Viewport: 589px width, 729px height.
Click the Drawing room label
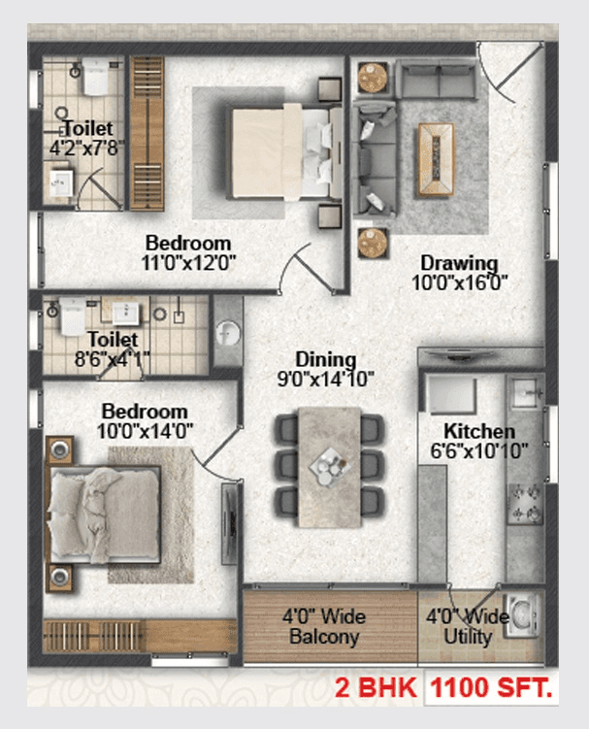pyautogui.click(x=458, y=263)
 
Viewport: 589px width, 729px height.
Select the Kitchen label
pyautogui.click(x=478, y=430)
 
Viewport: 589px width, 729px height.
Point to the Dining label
pyautogui.click(x=326, y=360)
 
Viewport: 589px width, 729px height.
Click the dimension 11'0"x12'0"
pyautogui.click(x=188, y=261)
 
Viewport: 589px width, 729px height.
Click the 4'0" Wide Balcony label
pyautogui.click(x=324, y=627)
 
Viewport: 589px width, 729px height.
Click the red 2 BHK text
pyautogui.click(x=376, y=690)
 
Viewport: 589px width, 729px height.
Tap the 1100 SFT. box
pyautogui.click(x=491, y=690)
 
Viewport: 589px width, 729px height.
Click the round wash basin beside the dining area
pyautogui.click(x=228, y=333)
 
